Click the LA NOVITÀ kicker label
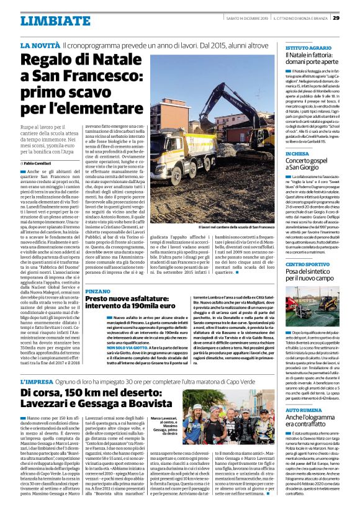tap(40, 46)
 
